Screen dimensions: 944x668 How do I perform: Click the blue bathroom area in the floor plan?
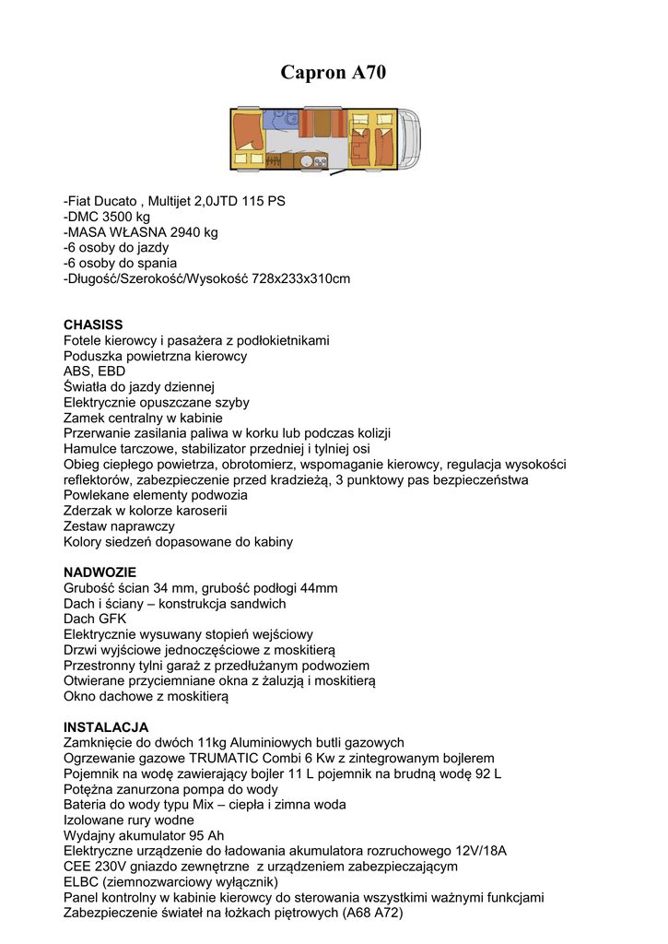(x=278, y=120)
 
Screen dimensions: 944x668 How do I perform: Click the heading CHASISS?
(x=93, y=324)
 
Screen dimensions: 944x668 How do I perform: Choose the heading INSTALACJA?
(x=106, y=726)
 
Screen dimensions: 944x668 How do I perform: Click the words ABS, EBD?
(x=95, y=372)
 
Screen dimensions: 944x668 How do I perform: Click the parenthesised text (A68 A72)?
(x=372, y=913)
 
